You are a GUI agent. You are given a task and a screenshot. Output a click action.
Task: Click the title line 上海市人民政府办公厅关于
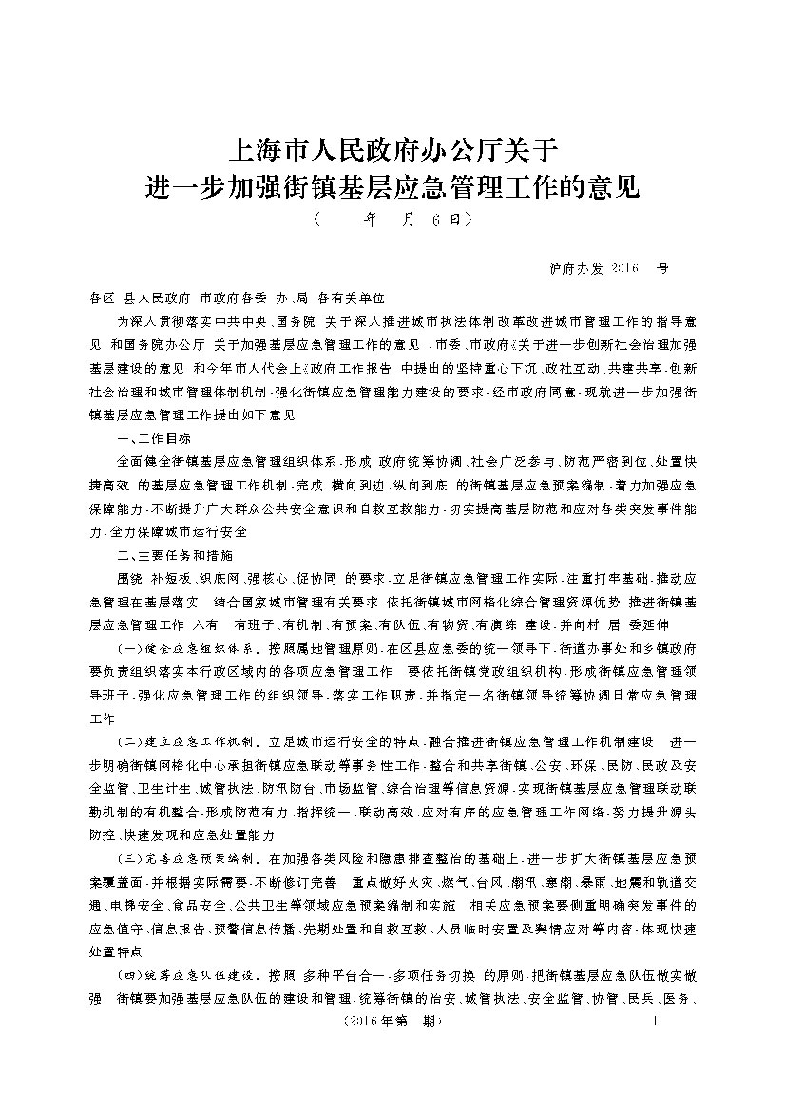coord(393,149)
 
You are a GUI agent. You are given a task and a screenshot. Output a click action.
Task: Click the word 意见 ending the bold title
coord(617,184)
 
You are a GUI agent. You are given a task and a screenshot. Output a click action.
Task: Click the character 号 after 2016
coord(663,268)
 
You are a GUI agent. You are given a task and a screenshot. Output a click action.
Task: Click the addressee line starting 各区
coord(238,297)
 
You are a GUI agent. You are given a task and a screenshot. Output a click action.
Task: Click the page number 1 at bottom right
coord(657,1022)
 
